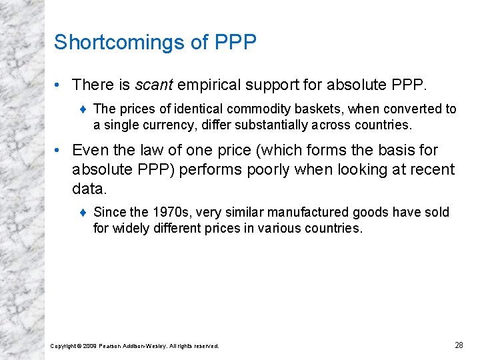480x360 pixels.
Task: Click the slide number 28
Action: coord(459,345)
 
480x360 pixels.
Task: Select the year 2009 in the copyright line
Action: coord(89,346)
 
